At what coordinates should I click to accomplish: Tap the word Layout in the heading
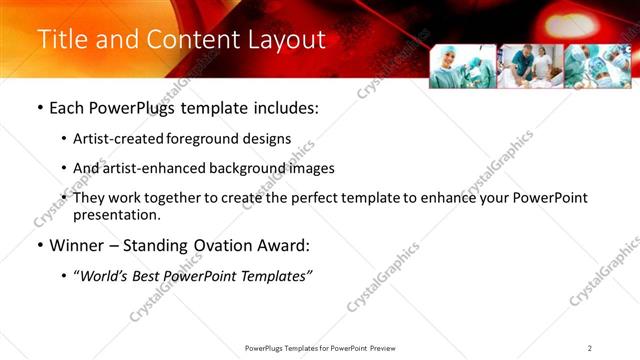coord(287,40)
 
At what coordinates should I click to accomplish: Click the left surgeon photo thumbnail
coord(463,66)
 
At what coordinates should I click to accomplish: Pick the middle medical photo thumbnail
coord(530,66)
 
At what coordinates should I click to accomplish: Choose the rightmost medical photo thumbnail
coord(597,66)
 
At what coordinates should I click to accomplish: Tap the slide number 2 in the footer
coord(590,347)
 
